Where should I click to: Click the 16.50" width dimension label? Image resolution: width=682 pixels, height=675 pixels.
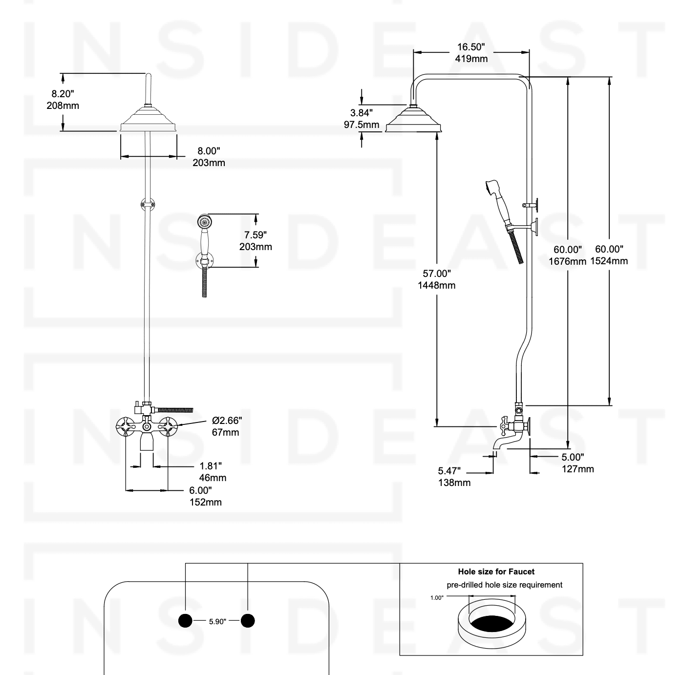pyautogui.click(x=471, y=47)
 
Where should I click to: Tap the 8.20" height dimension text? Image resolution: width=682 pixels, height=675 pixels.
pyautogui.click(x=63, y=94)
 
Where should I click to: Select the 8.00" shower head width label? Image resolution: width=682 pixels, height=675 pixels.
pyautogui.click(x=209, y=151)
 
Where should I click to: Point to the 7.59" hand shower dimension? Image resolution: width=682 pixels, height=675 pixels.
pyautogui.click(x=256, y=235)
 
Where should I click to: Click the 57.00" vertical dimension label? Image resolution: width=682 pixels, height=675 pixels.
pyautogui.click(x=436, y=274)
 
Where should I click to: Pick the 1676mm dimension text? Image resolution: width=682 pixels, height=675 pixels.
pyautogui.click(x=567, y=262)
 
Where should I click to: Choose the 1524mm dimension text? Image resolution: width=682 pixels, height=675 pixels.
pyautogui.click(x=609, y=261)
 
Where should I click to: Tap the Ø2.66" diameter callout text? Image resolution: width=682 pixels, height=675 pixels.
pyautogui.click(x=227, y=421)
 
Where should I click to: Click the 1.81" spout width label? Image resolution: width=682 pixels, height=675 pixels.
pyautogui.click(x=211, y=466)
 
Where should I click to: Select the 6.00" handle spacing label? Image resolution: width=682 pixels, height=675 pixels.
pyautogui.click(x=201, y=490)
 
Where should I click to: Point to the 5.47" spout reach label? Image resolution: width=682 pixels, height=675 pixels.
pyautogui.click(x=449, y=471)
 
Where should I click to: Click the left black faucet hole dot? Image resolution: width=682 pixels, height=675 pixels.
pyautogui.click(x=186, y=621)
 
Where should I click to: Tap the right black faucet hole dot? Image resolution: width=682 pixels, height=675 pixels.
pyautogui.click(x=248, y=621)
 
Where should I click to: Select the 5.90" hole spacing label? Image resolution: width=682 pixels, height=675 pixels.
pyautogui.click(x=217, y=621)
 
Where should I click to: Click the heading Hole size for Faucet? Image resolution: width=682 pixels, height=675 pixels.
pyautogui.click(x=496, y=571)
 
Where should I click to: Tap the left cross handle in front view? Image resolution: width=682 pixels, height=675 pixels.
pyautogui.click(x=127, y=427)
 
